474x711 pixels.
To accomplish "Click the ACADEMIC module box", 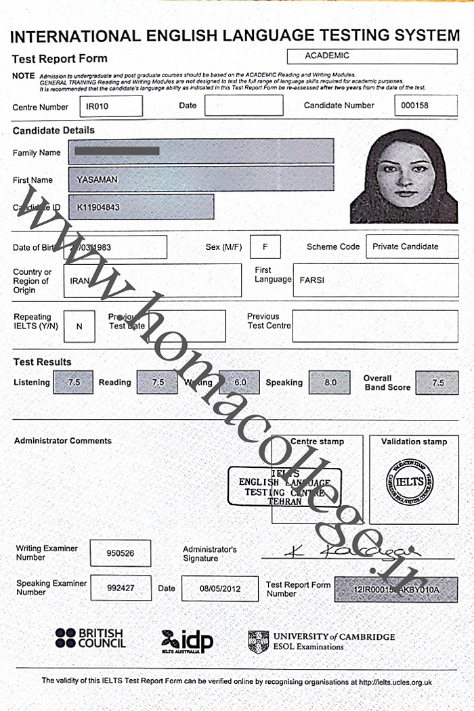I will coord(372,56).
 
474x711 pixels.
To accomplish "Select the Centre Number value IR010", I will coord(110,106).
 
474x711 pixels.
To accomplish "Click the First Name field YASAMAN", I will coord(200,179).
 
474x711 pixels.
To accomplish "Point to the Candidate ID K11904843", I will coord(141,207).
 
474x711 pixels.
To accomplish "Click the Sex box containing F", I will coord(265,246).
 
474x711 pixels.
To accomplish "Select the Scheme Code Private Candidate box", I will coord(412,246).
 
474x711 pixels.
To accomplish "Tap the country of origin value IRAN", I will coord(152,280).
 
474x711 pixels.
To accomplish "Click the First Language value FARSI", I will coord(374,280).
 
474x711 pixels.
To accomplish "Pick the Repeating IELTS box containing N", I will coord(79,326).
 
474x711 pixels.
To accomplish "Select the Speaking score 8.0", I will coord(330,383).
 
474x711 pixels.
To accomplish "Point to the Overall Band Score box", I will coord(437,383).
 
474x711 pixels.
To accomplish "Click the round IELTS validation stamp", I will coord(410,481).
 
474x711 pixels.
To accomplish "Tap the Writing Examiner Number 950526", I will coord(120,553).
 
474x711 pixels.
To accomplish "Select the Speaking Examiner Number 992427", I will coord(120,588).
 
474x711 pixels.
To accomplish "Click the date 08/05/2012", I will coord(219,588).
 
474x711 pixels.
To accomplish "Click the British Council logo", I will coord(90,638).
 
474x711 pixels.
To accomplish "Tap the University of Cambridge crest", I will coord(258,641).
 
